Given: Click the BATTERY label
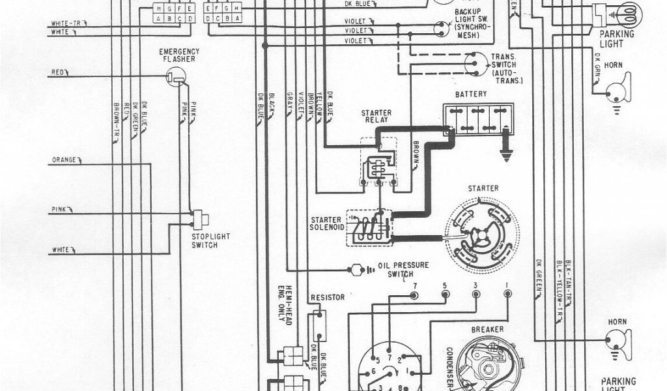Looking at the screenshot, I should click(470, 94).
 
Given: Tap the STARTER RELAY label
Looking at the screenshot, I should click(376, 117).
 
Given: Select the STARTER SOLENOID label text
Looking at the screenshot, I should click(326, 223).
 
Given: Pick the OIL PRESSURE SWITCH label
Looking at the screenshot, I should click(403, 269).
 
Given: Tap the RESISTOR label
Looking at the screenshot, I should click(328, 297).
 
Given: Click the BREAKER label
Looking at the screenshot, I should click(487, 330).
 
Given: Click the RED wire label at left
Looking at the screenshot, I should click(58, 72).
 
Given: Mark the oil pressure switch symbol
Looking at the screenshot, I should click(357, 268).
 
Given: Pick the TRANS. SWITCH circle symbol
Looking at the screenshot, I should click(475, 63).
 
